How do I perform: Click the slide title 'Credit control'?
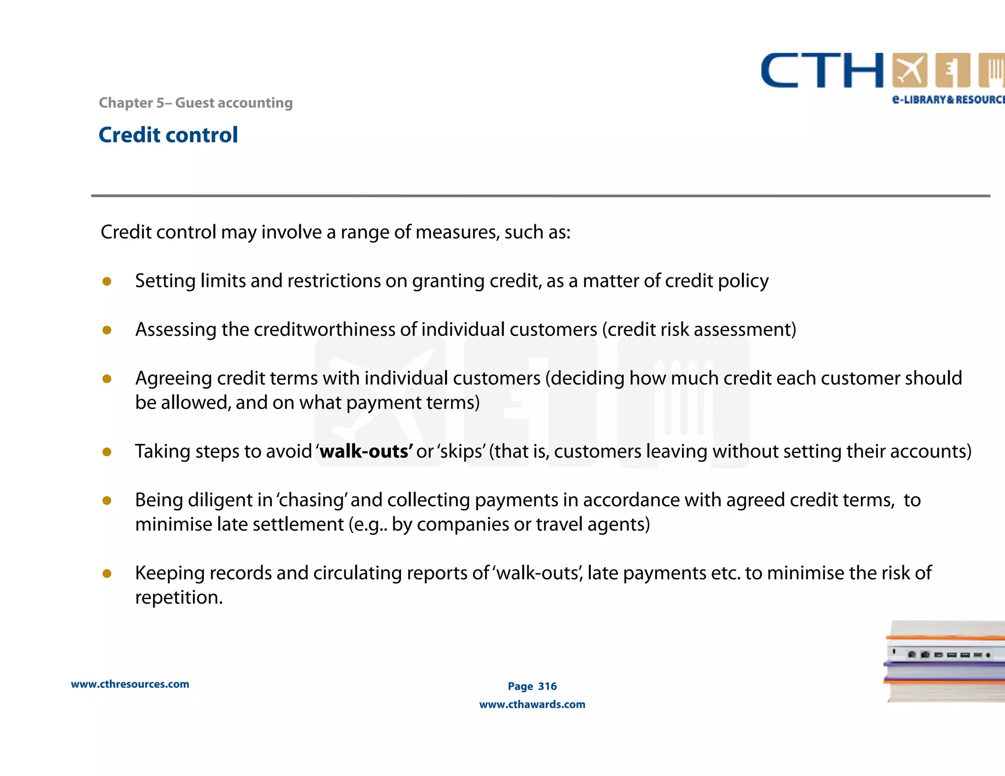168,135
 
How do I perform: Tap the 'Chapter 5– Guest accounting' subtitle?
195,103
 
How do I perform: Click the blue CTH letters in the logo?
822,71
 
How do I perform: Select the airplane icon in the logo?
910,71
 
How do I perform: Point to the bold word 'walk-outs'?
366,451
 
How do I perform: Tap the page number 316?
547,686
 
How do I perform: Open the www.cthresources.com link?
130,684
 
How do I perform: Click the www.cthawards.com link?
532,704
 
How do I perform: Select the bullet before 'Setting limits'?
107,281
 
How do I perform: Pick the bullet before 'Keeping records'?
107,573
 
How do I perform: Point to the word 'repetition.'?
179,597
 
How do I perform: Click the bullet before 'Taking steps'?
107,452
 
